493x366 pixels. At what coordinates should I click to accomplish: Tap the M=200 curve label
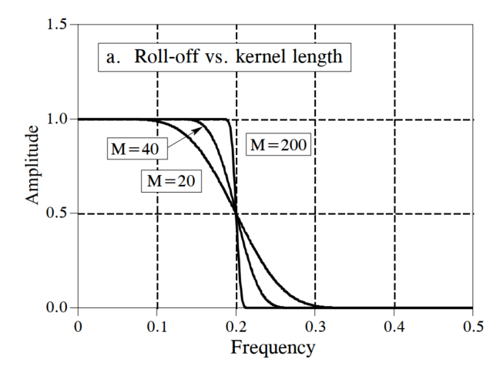(280, 144)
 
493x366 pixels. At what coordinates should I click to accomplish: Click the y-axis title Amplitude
(32, 165)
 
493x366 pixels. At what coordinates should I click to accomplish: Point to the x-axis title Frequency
(273, 348)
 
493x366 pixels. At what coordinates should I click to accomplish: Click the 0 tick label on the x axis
(77, 327)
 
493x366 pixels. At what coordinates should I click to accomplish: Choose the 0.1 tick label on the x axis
(156, 327)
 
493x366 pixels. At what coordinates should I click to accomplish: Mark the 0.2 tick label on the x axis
(236, 327)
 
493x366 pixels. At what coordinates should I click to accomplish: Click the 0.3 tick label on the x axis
(315, 327)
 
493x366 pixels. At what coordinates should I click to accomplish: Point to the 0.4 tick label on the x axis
(394, 327)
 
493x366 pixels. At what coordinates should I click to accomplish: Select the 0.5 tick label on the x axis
(473, 327)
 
